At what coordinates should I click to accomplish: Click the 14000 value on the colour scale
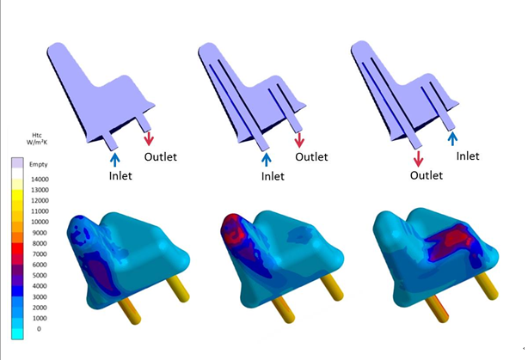point(40,180)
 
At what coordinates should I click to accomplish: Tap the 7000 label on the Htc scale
point(40,254)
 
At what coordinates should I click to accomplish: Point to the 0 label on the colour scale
point(39,329)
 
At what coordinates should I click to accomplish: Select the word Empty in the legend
point(39,164)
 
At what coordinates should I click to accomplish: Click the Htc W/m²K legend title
point(37,138)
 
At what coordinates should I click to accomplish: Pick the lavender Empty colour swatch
point(17,163)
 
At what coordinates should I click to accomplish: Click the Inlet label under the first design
point(120,175)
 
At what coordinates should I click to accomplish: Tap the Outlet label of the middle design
point(311,156)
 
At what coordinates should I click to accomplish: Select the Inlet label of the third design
point(468,156)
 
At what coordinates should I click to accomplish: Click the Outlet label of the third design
point(427,175)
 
